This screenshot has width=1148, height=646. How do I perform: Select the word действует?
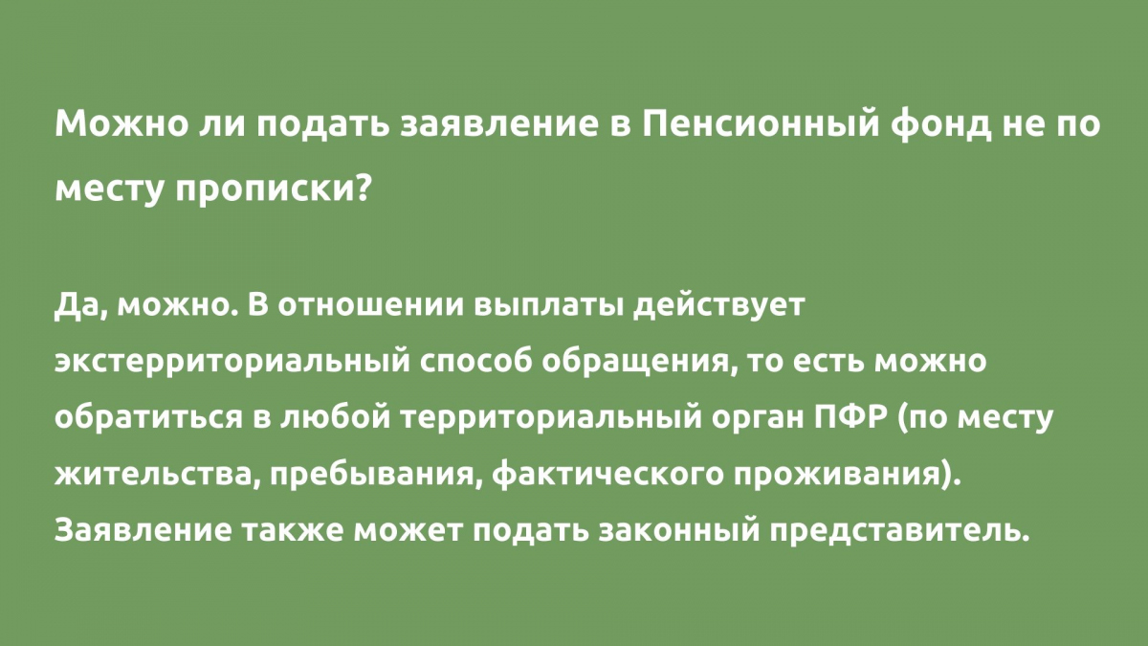pyautogui.click(x=718, y=306)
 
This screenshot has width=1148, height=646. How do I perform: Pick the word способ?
pyautogui.click(x=475, y=363)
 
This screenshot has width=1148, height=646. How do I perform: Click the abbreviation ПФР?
pyautogui.click(x=850, y=418)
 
